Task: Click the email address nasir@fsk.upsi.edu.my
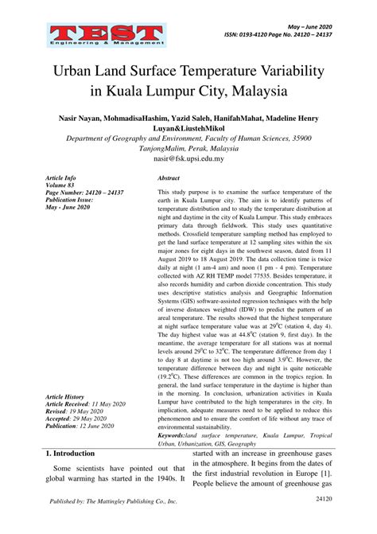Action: (x=188, y=158)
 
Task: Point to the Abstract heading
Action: (x=169, y=180)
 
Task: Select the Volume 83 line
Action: (x=63, y=185)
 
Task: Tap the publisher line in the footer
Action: (x=114, y=524)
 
